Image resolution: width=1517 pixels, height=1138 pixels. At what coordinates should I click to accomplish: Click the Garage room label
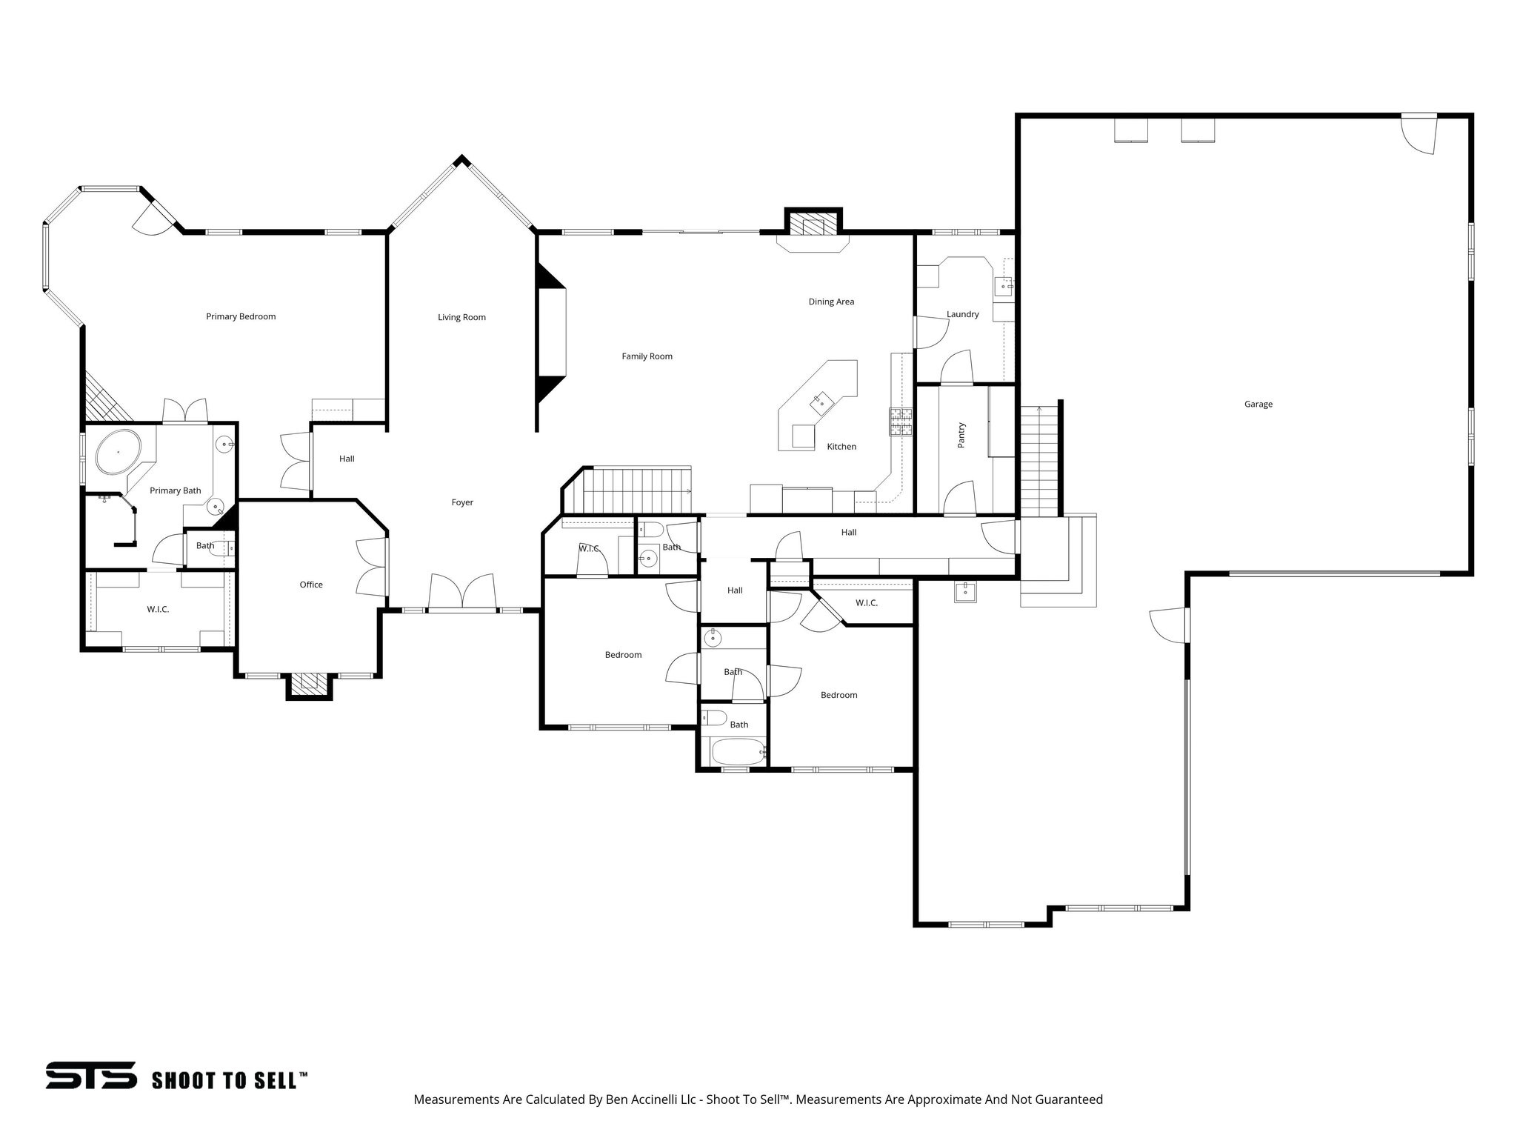(1258, 405)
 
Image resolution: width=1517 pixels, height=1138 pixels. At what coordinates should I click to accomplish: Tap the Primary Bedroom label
(241, 316)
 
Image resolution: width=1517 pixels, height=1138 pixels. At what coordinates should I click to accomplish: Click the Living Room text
(461, 317)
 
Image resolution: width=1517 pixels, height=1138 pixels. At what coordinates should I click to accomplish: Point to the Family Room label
(647, 356)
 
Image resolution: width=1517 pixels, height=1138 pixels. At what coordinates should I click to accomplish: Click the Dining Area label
(831, 302)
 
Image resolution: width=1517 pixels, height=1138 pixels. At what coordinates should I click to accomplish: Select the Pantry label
(961, 435)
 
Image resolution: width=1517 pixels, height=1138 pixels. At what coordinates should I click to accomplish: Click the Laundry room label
(962, 314)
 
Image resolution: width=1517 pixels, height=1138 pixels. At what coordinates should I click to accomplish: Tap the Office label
(311, 585)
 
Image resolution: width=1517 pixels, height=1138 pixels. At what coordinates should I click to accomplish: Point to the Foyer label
(462, 502)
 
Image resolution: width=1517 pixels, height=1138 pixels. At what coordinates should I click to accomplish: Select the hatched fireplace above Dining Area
(813, 224)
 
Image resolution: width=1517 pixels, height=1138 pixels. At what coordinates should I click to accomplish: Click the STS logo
(91, 1075)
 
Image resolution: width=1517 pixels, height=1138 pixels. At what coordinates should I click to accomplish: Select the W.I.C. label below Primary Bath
(158, 609)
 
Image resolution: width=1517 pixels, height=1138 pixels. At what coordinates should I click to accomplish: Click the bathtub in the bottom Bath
(737, 753)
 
